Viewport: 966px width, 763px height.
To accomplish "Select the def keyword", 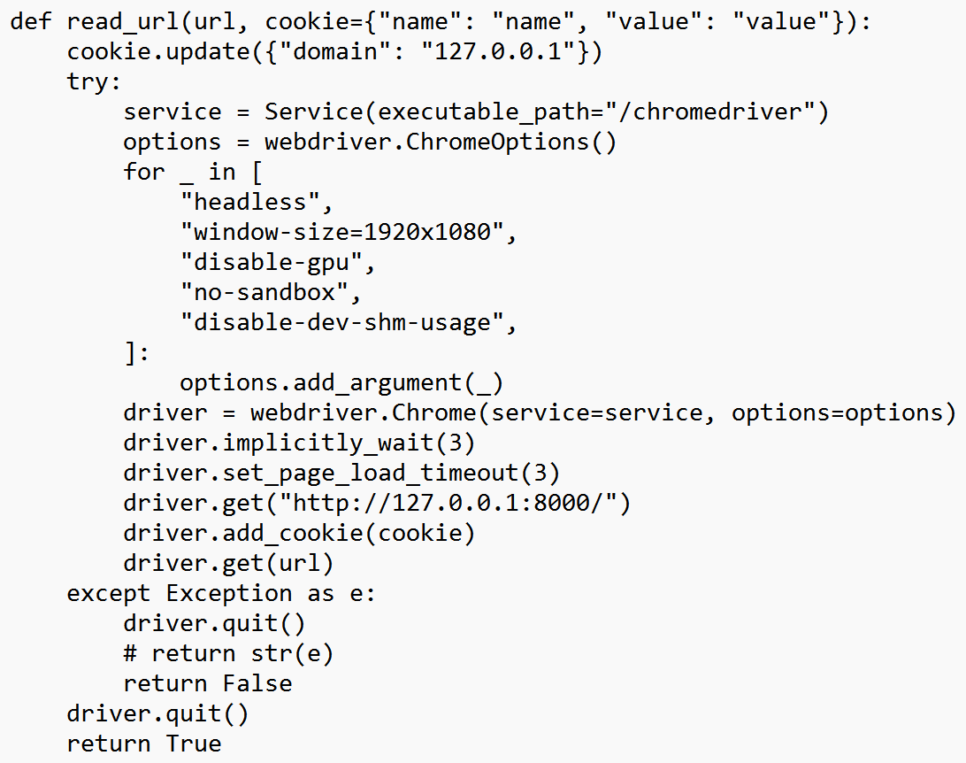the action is coord(31,21).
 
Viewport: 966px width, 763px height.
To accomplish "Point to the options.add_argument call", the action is coord(341,382).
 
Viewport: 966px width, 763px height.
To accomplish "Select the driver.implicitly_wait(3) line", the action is coord(300,443).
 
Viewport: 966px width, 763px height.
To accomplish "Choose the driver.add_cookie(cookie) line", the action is coord(300,533).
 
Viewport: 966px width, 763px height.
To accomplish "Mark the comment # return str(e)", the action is coord(229,653).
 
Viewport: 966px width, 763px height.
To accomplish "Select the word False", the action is coord(257,683).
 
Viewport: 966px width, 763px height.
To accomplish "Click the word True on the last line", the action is coord(194,744).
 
